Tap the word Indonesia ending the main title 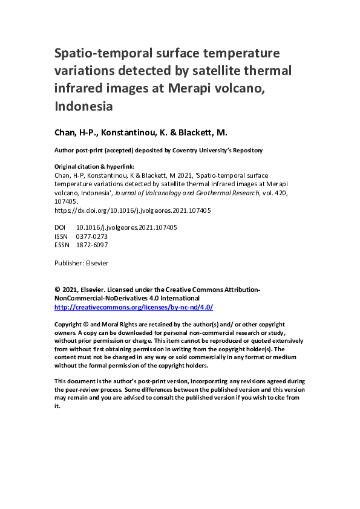[x=84, y=106]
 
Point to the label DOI [x=61, y=227]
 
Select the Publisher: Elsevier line [x=81, y=263]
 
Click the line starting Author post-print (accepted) [x=158, y=150]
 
